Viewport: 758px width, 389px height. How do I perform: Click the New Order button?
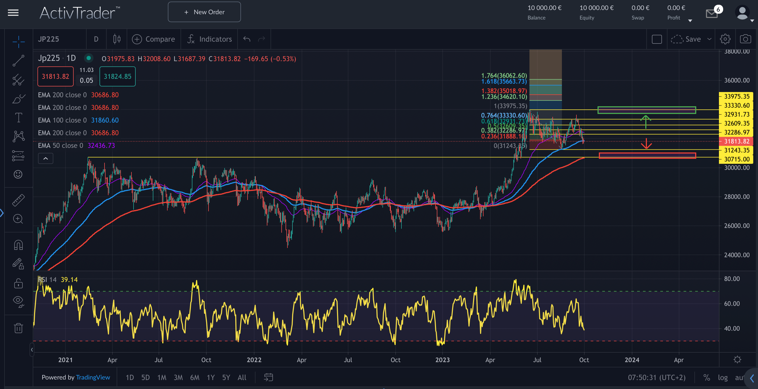pos(204,12)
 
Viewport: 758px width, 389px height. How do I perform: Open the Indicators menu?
pos(210,39)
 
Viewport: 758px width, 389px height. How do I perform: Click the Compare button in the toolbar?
pos(153,39)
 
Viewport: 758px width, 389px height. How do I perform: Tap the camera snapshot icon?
pos(745,39)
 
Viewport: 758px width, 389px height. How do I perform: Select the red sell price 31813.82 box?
pos(55,76)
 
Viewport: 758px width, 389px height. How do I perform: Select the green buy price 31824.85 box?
pos(117,76)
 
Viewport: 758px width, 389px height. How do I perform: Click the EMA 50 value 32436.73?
pos(101,145)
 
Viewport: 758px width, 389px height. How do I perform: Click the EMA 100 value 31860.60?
pos(105,120)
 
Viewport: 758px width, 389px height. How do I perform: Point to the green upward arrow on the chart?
pos(646,121)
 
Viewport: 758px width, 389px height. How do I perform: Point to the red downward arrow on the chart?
pos(646,144)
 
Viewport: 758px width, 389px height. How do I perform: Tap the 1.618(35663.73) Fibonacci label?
pos(504,81)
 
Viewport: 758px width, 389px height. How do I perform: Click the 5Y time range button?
pos(226,378)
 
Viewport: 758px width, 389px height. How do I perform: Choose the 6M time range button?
pos(195,378)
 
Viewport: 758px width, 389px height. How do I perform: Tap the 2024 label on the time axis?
pos(632,360)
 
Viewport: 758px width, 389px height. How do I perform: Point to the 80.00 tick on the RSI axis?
pos(732,279)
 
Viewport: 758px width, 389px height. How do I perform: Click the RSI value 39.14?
pos(69,280)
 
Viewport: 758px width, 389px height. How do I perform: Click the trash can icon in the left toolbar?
pos(18,328)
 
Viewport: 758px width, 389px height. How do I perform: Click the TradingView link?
pos(93,378)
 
